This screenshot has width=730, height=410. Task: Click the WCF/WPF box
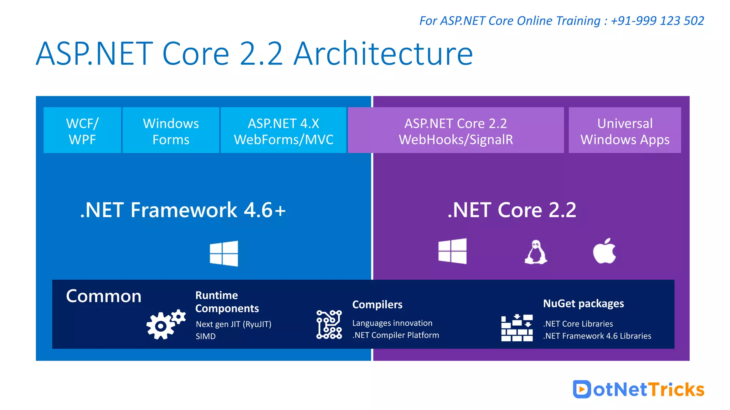(82, 131)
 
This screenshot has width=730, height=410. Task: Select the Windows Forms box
(171, 131)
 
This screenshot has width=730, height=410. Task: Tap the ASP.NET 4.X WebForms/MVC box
(283, 131)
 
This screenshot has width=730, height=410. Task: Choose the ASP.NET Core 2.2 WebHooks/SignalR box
(456, 131)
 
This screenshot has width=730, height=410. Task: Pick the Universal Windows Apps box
(624, 131)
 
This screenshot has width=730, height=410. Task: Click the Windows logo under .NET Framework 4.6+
(224, 253)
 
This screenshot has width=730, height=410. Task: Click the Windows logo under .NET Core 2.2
(452, 251)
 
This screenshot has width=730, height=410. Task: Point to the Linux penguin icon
(536, 252)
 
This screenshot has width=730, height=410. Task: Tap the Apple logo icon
(605, 251)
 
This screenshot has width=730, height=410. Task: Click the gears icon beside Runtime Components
(165, 324)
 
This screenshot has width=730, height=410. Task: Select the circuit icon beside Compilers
(329, 324)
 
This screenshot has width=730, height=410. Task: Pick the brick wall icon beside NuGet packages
(517, 328)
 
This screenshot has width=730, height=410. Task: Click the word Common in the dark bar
(104, 296)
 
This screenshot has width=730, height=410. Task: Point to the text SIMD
(206, 336)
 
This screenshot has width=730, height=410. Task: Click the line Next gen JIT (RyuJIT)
(233, 324)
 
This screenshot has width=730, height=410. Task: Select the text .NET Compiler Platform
(396, 335)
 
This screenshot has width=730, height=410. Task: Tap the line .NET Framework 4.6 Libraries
(597, 336)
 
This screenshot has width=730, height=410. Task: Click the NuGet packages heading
(584, 304)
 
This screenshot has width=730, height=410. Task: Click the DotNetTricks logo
(638, 389)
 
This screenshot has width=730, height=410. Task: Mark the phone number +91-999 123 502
(657, 21)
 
